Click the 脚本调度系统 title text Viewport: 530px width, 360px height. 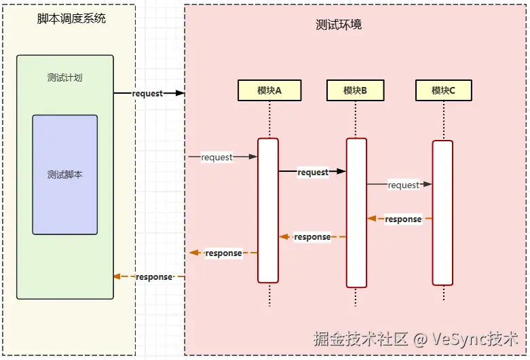click(71, 19)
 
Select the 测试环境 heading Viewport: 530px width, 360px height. click(339, 24)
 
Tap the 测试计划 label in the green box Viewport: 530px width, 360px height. click(64, 77)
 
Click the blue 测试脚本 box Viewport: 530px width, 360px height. click(64, 175)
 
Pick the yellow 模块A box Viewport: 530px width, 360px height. click(269, 90)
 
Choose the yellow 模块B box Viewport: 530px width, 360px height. click(355, 90)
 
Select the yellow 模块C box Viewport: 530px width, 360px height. click(443, 90)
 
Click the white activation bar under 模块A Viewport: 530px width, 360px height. click(268, 211)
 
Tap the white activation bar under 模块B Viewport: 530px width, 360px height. click(356, 212)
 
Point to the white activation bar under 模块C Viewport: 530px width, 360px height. click(442, 213)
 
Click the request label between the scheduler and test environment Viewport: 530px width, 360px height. click(147, 93)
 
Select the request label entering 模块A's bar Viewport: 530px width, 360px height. click(216, 157)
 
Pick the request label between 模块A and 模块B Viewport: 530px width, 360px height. click(313, 172)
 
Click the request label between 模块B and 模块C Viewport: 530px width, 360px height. click(403, 185)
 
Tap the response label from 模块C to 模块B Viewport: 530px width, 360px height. click(403, 219)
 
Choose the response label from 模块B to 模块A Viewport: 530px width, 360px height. click(312, 237)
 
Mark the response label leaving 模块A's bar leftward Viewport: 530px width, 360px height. click(223, 253)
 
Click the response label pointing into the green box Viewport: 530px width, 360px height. click(154, 276)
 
